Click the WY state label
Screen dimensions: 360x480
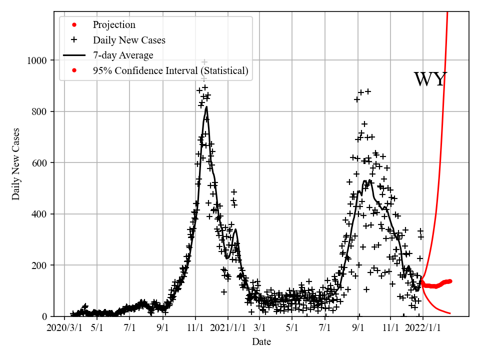point(430,79)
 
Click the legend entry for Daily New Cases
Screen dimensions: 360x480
point(129,40)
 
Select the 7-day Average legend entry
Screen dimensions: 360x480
point(123,55)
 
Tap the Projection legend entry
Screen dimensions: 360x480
point(114,25)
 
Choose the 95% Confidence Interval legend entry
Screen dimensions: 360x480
point(170,70)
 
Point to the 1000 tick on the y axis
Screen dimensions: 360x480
point(36,60)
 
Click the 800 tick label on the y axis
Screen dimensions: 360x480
point(39,111)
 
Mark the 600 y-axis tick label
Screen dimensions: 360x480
point(39,163)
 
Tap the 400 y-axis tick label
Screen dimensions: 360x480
point(39,214)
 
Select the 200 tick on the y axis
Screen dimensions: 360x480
point(39,265)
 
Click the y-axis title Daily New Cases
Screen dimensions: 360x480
point(16,164)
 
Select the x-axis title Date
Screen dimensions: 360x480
point(261,342)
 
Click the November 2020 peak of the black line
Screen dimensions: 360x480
point(206,107)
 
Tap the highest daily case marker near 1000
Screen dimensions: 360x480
point(204,62)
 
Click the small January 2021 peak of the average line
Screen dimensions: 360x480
point(235,229)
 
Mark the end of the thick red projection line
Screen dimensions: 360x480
point(450,281)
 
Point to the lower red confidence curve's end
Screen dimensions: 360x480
point(450,313)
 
